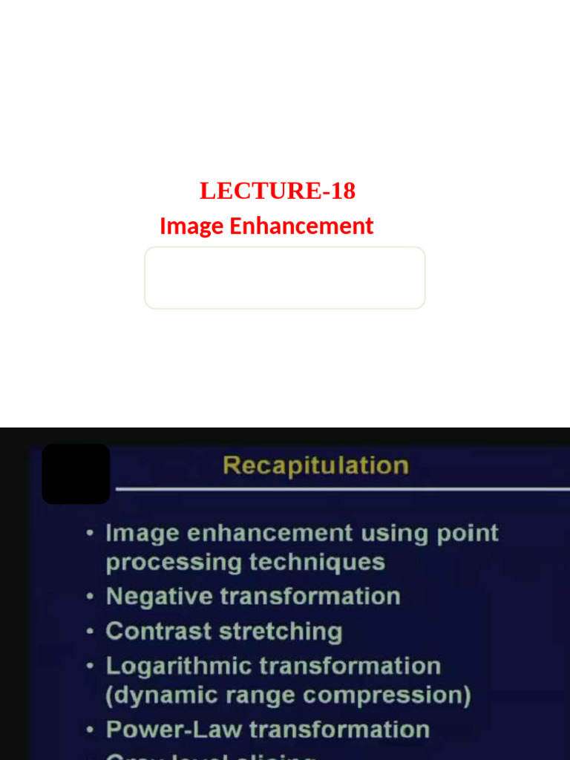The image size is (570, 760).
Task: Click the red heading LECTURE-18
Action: (x=278, y=191)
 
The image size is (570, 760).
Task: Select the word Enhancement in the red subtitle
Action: (x=301, y=226)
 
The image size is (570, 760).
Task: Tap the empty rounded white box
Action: (x=285, y=278)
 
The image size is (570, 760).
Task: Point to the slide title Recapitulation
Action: (x=315, y=465)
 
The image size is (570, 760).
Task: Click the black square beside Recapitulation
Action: (x=76, y=474)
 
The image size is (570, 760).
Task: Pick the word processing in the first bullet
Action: (x=172, y=563)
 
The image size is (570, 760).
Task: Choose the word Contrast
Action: (x=158, y=631)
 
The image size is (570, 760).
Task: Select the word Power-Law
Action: (x=174, y=730)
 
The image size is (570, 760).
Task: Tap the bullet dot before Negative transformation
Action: (x=90, y=597)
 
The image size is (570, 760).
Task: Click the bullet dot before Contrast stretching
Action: (x=90, y=632)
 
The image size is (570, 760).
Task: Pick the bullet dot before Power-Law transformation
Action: (x=90, y=730)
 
